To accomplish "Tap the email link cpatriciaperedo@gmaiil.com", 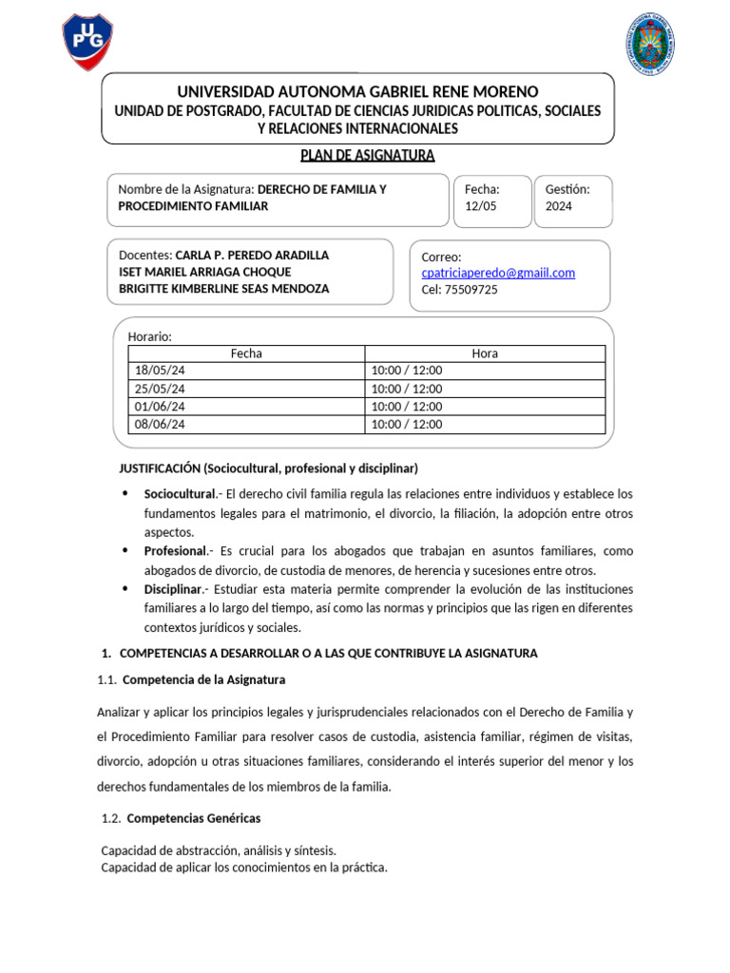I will (x=498, y=273).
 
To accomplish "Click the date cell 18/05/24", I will (x=160, y=371).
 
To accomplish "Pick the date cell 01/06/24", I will (x=160, y=407).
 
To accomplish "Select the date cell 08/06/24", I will (x=160, y=425).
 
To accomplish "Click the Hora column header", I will (x=485, y=353).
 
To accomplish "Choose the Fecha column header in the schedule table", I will (x=246, y=353).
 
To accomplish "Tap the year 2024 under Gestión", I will (x=559, y=206).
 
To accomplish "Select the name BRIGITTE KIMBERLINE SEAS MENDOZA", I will (x=223, y=289).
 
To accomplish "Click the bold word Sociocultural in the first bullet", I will (x=180, y=495).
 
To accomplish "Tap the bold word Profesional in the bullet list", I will (x=175, y=551).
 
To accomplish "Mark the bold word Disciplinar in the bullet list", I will (x=174, y=589).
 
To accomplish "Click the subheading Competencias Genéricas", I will (x=193, y=818).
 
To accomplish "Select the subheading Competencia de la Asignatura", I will (x=203, y=680).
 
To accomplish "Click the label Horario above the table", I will (x=149, y=336).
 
